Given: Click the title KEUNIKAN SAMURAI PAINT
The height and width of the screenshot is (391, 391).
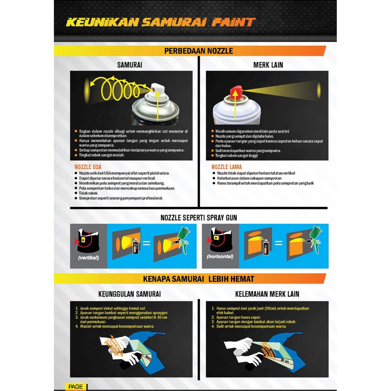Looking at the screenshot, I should pyautogui.click(x=160, y=22).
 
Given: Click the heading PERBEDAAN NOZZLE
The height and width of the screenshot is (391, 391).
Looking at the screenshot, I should pyautogui.click(x=198, y=51).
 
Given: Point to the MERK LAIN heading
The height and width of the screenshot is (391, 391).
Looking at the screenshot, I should pyautogui.click(x=268, y=65).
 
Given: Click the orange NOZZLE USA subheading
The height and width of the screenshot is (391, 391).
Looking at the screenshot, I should pyautogui.click(x=88, y=167).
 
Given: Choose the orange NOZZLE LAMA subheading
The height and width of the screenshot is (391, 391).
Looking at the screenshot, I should pyautogui.click(x=226, y=167).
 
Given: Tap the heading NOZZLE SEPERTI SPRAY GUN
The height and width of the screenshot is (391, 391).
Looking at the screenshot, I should pyautogui.click(x=199, y=218).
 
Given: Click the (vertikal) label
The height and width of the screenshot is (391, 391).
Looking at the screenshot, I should pyautogui.click(x=89, y=258).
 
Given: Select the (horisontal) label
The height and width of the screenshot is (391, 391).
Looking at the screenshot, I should pyautogui.click(x=220, y=257).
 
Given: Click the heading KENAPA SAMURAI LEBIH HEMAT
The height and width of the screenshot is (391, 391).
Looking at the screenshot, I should pyautogui.click(x=199, y=279).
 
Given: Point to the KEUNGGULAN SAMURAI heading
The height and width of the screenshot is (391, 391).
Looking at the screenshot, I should pyautogui.click(x=129, y=294).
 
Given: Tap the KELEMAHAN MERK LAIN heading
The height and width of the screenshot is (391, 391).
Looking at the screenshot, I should pyautogui.click(x=267, y=294).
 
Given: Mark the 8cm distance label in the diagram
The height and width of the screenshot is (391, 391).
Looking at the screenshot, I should pyautogui.click(x=149, y=357).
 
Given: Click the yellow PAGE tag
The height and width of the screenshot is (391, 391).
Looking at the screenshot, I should pyautogui.click(x=76, y=387).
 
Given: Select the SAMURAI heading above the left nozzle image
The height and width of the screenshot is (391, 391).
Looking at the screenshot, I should pyautogui.click(x=129, y=65).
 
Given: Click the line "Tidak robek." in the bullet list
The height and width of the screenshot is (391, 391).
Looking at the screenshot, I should pyautogui.click(x=89, y=193).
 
